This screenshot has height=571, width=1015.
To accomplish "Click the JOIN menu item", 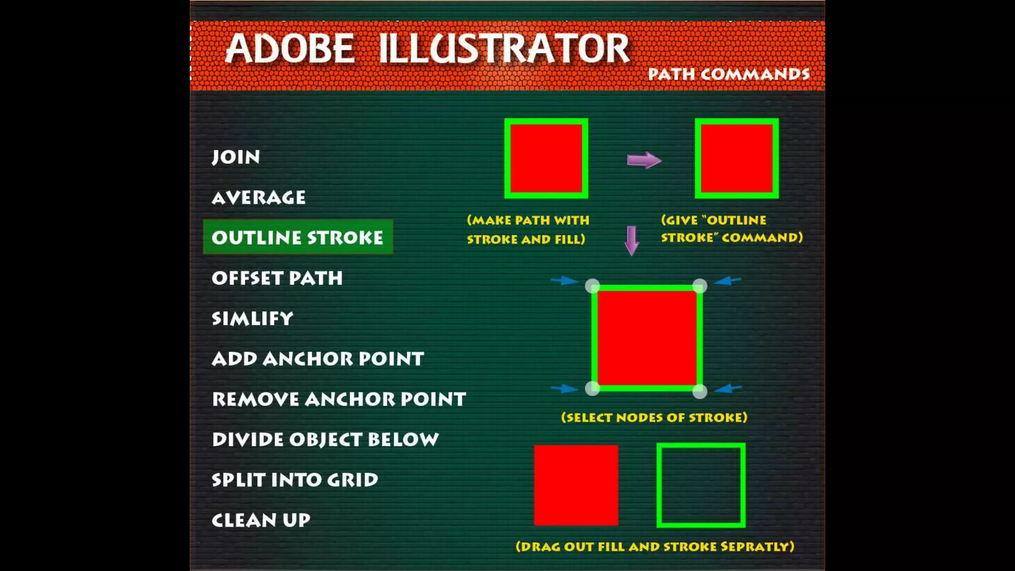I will (236, 157).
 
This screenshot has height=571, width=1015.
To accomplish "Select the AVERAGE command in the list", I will (259, 198).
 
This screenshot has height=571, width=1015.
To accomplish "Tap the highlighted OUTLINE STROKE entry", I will (297, 237).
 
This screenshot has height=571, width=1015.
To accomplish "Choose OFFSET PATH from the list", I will (277, 278).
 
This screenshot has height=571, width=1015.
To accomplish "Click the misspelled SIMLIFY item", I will (252, 318).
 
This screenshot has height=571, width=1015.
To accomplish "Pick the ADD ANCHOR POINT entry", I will (318, 359).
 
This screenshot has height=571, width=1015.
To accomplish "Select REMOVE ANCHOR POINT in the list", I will (339, 399).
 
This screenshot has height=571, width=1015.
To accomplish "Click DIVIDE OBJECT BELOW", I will (325, 440).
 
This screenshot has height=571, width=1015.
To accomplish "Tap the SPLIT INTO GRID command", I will (295, 480).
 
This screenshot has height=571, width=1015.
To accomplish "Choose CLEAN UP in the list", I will (261, 520).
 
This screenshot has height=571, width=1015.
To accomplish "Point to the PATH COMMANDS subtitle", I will (729, 74).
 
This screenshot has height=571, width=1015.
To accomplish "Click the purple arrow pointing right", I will (644, 160).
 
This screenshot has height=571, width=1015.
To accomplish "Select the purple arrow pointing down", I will (631, 240).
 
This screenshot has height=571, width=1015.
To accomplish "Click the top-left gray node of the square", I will (593, 286).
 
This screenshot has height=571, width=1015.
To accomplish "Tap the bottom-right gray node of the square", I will (699, 392).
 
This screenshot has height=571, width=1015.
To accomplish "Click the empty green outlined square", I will (701, 485).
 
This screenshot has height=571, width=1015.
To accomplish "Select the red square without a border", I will (576, 485).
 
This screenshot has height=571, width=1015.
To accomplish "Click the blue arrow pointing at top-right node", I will (728, 281).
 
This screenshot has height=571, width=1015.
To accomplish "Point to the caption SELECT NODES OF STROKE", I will (654, 417).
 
